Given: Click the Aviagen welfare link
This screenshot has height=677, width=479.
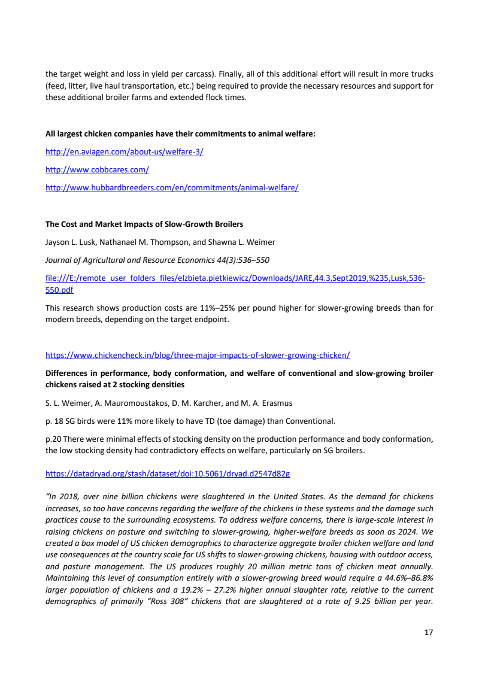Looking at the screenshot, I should click(x=125, y=151).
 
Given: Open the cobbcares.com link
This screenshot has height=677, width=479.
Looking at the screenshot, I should click(x=97, y=169).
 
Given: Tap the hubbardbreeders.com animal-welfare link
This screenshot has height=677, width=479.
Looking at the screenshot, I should click(x=172, y=187).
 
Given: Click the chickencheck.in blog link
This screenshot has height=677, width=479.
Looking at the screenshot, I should click(x=198, y=355).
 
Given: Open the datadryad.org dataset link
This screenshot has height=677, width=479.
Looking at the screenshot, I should click(x=168, y=473).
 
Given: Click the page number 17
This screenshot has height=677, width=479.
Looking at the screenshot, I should click(x=428, y=632).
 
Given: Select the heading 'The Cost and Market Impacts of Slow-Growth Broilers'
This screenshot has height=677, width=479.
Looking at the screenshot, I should click(x=144, y=224).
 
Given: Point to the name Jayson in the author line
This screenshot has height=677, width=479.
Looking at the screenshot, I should click(x=57, y=242).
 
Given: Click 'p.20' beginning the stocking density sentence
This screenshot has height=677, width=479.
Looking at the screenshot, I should click(x=53, y=439).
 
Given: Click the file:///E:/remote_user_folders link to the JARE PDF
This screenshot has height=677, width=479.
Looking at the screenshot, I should click(x=235, y=278).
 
